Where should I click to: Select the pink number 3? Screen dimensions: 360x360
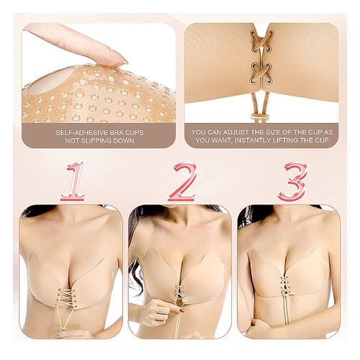tap(293, 182)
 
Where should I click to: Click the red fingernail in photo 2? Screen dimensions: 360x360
tap(181, 311)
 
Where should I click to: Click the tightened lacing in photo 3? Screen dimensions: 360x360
tap(284, 287)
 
